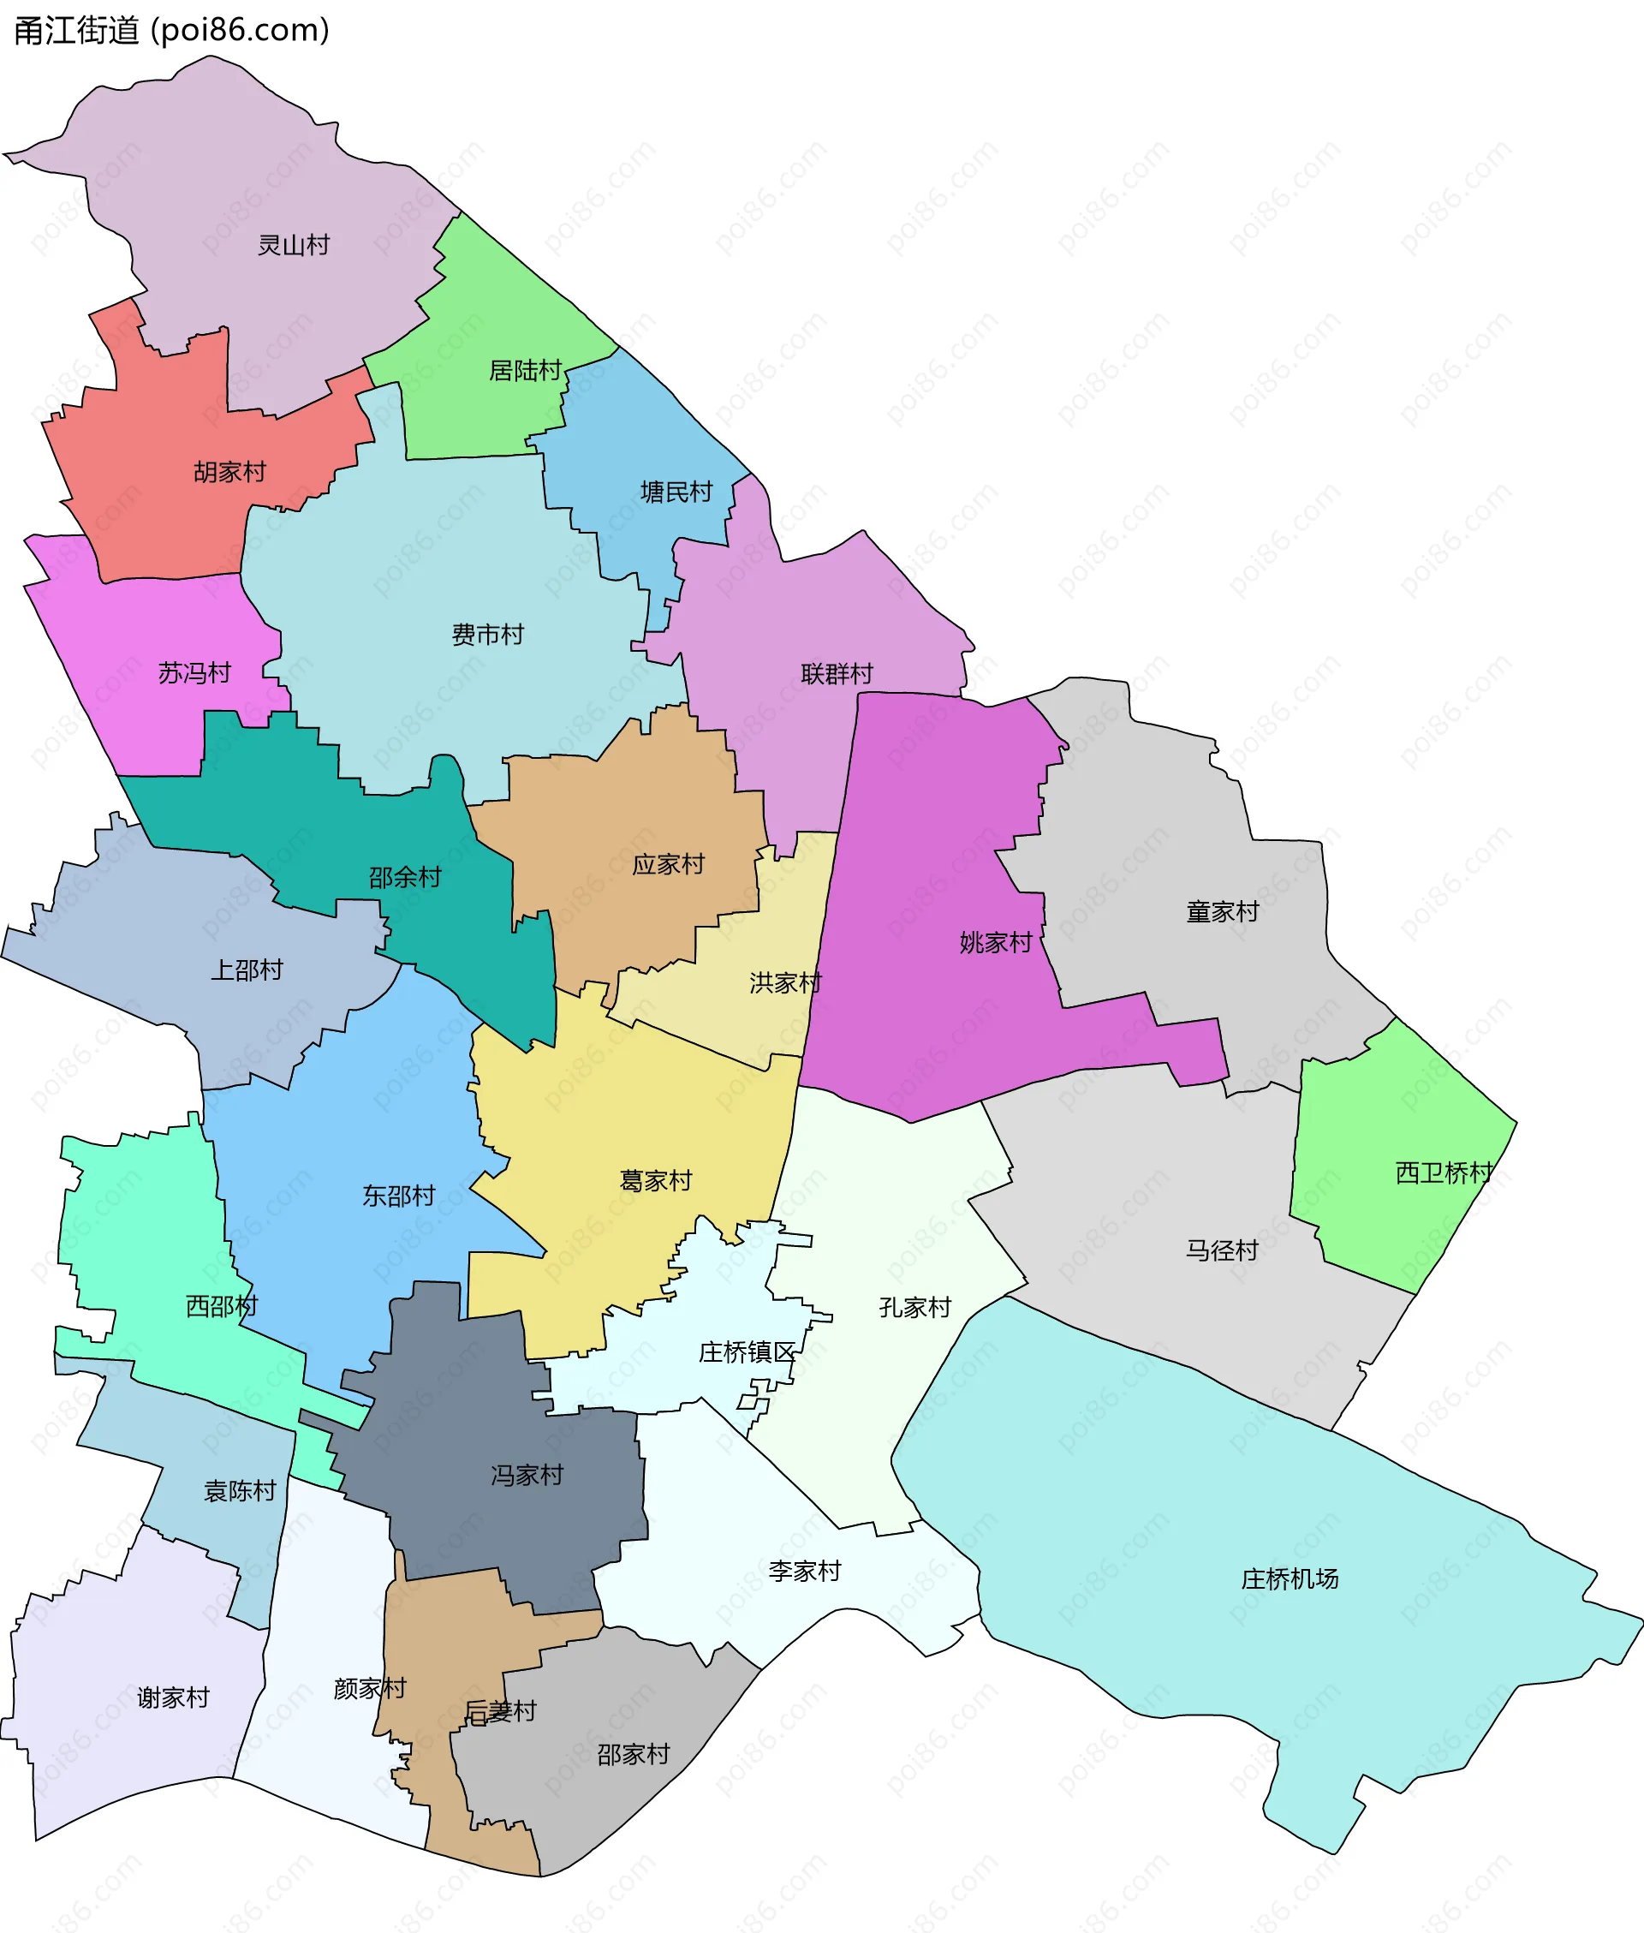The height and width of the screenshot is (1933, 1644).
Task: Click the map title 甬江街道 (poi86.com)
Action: [x=171, y=31]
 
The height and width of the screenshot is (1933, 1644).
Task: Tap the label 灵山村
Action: [x=294, y=245]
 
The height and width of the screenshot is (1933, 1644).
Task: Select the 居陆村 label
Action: [x=526, y=371]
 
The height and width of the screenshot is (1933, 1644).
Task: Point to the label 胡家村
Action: [x=230, y=472]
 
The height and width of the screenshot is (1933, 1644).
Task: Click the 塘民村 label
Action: [x=676, y=492]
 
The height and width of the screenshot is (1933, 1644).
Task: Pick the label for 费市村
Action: [x=487, y=635]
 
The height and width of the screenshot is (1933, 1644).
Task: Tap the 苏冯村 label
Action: [x=194, y=673]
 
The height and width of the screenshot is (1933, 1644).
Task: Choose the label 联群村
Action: [x=837, y=674]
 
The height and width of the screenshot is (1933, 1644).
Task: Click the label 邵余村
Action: [x=404, y=877]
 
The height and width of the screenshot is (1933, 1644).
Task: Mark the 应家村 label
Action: [x=668, y=864]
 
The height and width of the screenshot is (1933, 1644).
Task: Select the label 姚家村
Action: [x=997, y=942]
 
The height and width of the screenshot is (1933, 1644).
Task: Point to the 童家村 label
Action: [x=1222, y=911]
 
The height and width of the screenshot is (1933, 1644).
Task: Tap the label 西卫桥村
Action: [x=1444, y=1172]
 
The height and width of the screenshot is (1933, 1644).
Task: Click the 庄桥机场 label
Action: [x=1290, y=1578]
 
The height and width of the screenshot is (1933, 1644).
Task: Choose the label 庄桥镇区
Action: [x=748, y=1352]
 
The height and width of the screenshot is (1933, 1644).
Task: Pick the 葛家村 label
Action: [x=656, y=1181]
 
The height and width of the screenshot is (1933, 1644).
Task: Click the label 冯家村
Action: [x=527, y=1475]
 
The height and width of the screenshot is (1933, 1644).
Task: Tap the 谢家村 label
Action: [x=173, y=1697]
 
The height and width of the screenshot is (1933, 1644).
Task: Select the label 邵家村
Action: [x=634, y=1754]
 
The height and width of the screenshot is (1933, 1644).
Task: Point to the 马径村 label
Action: [x=1222, y=1250]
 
